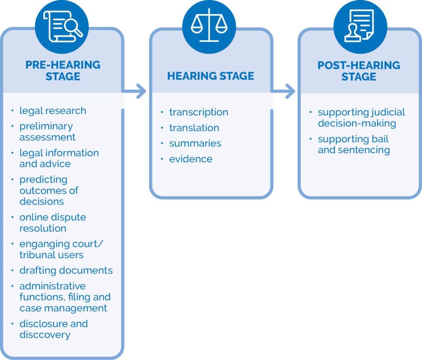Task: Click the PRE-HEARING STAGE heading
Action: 63,71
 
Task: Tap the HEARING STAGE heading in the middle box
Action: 211,76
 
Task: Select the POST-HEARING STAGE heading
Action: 359,71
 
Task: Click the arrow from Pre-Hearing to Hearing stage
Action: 136,91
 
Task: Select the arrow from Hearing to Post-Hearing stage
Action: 285,91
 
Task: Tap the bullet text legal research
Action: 53,111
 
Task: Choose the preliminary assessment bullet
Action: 47,131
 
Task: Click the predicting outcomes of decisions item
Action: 49,190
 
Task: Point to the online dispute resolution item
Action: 53,222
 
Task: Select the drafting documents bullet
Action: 66,271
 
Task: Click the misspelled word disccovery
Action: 45,334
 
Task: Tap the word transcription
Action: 199,112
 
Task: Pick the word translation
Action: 194,128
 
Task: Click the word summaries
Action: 195,143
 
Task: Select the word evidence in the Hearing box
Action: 191,159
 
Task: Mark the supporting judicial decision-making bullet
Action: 361,117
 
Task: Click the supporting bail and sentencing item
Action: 354,144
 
